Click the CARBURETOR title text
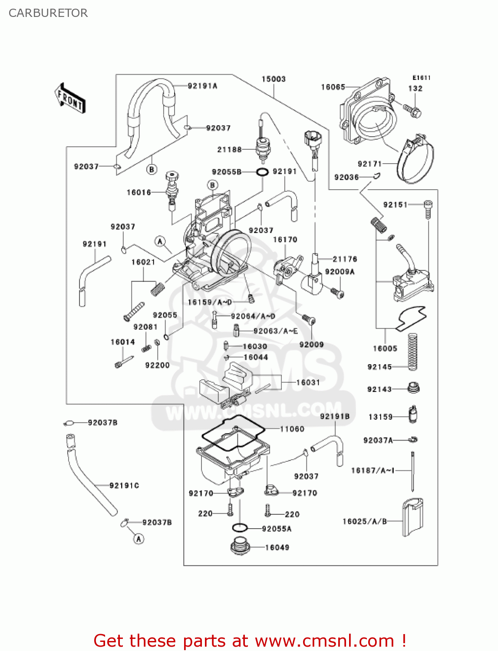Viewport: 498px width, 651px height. (x=48, y=13)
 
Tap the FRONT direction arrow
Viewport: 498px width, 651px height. (x=70, y=99)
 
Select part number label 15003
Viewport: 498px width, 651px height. (x=274, y=79)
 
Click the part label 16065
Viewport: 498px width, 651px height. (x=333, y=87)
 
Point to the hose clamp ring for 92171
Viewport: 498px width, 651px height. (x=416, y=161)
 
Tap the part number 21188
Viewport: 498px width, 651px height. (x=229, y=150)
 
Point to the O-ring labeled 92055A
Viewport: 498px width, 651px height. (x=239, y=528)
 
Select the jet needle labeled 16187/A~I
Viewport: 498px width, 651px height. (x=413, y=471)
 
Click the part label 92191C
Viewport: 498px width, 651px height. (x=124, y=486)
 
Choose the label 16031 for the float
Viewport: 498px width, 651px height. (x=308, y=382)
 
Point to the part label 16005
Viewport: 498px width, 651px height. (x=385, y=349)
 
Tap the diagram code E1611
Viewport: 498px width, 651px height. (x=421, y=78)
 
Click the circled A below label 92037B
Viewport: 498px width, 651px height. (x=139, y=539)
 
